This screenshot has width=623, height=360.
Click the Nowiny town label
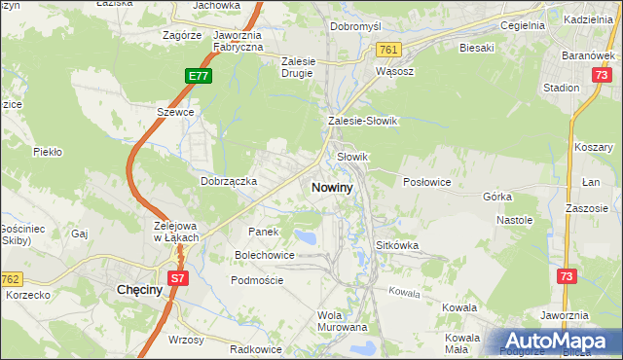pyautogui.click(x=333, y=186)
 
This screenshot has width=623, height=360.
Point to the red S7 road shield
pyautogui.click(x=176, y=279)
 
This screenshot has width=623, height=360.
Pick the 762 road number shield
pyautogui.click(x=12, y=279)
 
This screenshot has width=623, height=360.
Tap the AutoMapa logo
pyautogui.click(x=559, y=342)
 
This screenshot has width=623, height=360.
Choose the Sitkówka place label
pyautogui.click(x=396, y=246)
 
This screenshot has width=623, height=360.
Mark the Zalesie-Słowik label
pyautogui.click(x=362, y=121)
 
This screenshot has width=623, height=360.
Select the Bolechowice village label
pyautogui.click(x=264, y=255)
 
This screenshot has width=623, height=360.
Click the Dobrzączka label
pyautogui.click(x=228, y=181)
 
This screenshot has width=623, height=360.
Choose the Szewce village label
pyautogui.click(x=176, y=112)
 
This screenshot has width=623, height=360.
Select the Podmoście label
pyautogui.click(x=256, y=280)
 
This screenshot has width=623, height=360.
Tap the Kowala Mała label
pyautogui.click(x=463, y=344)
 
